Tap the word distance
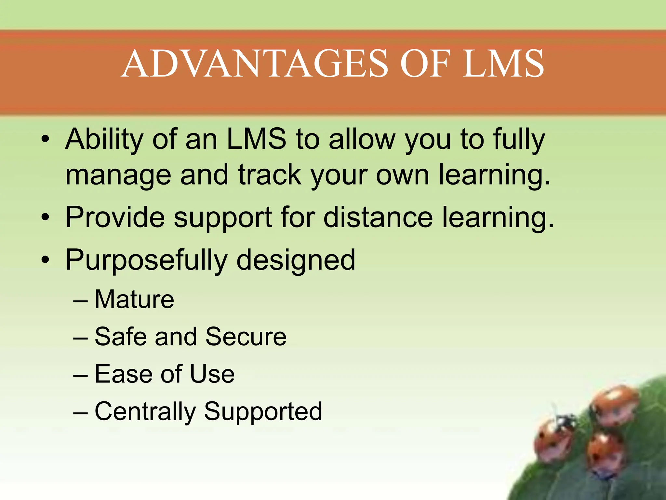pos(378,217)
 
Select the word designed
pos(296,260)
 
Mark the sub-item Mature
pos(134,299)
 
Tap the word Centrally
pos(145,411)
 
